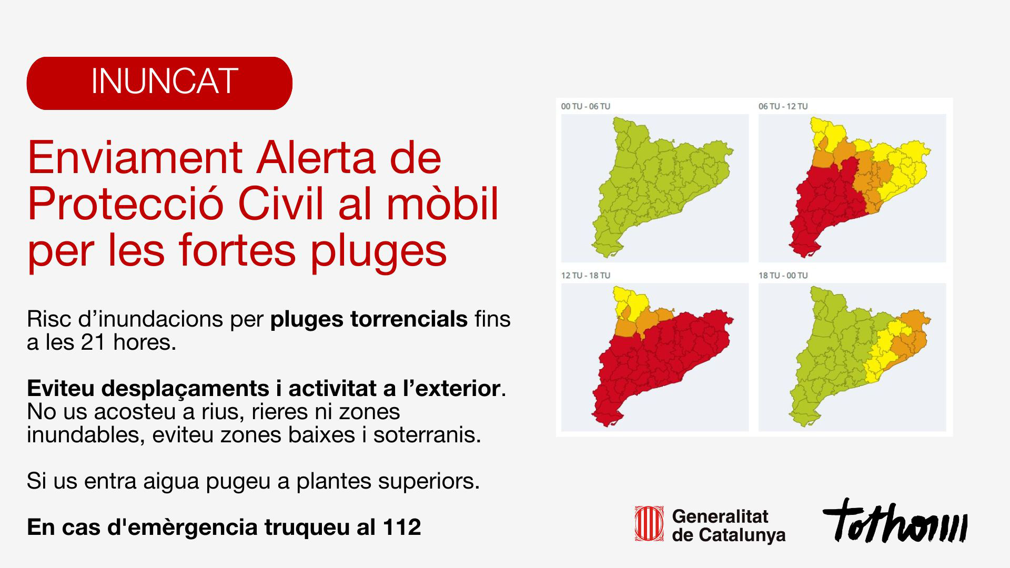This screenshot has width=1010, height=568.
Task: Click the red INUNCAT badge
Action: click(x=159, y=83)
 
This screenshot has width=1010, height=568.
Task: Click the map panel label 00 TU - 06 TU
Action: click(x=585, y=106)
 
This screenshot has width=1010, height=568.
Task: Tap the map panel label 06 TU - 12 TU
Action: click(x=783, y=106)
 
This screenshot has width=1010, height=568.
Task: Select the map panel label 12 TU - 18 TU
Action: click(x=585, y=276)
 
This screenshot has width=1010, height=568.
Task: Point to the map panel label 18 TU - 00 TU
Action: click(x=783, y=276)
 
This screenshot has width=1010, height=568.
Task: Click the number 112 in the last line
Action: click(x=402, y=528)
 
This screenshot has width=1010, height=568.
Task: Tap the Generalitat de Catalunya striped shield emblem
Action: click(x=648, y=523)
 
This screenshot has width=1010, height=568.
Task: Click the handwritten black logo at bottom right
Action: click(x=895, y=521)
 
